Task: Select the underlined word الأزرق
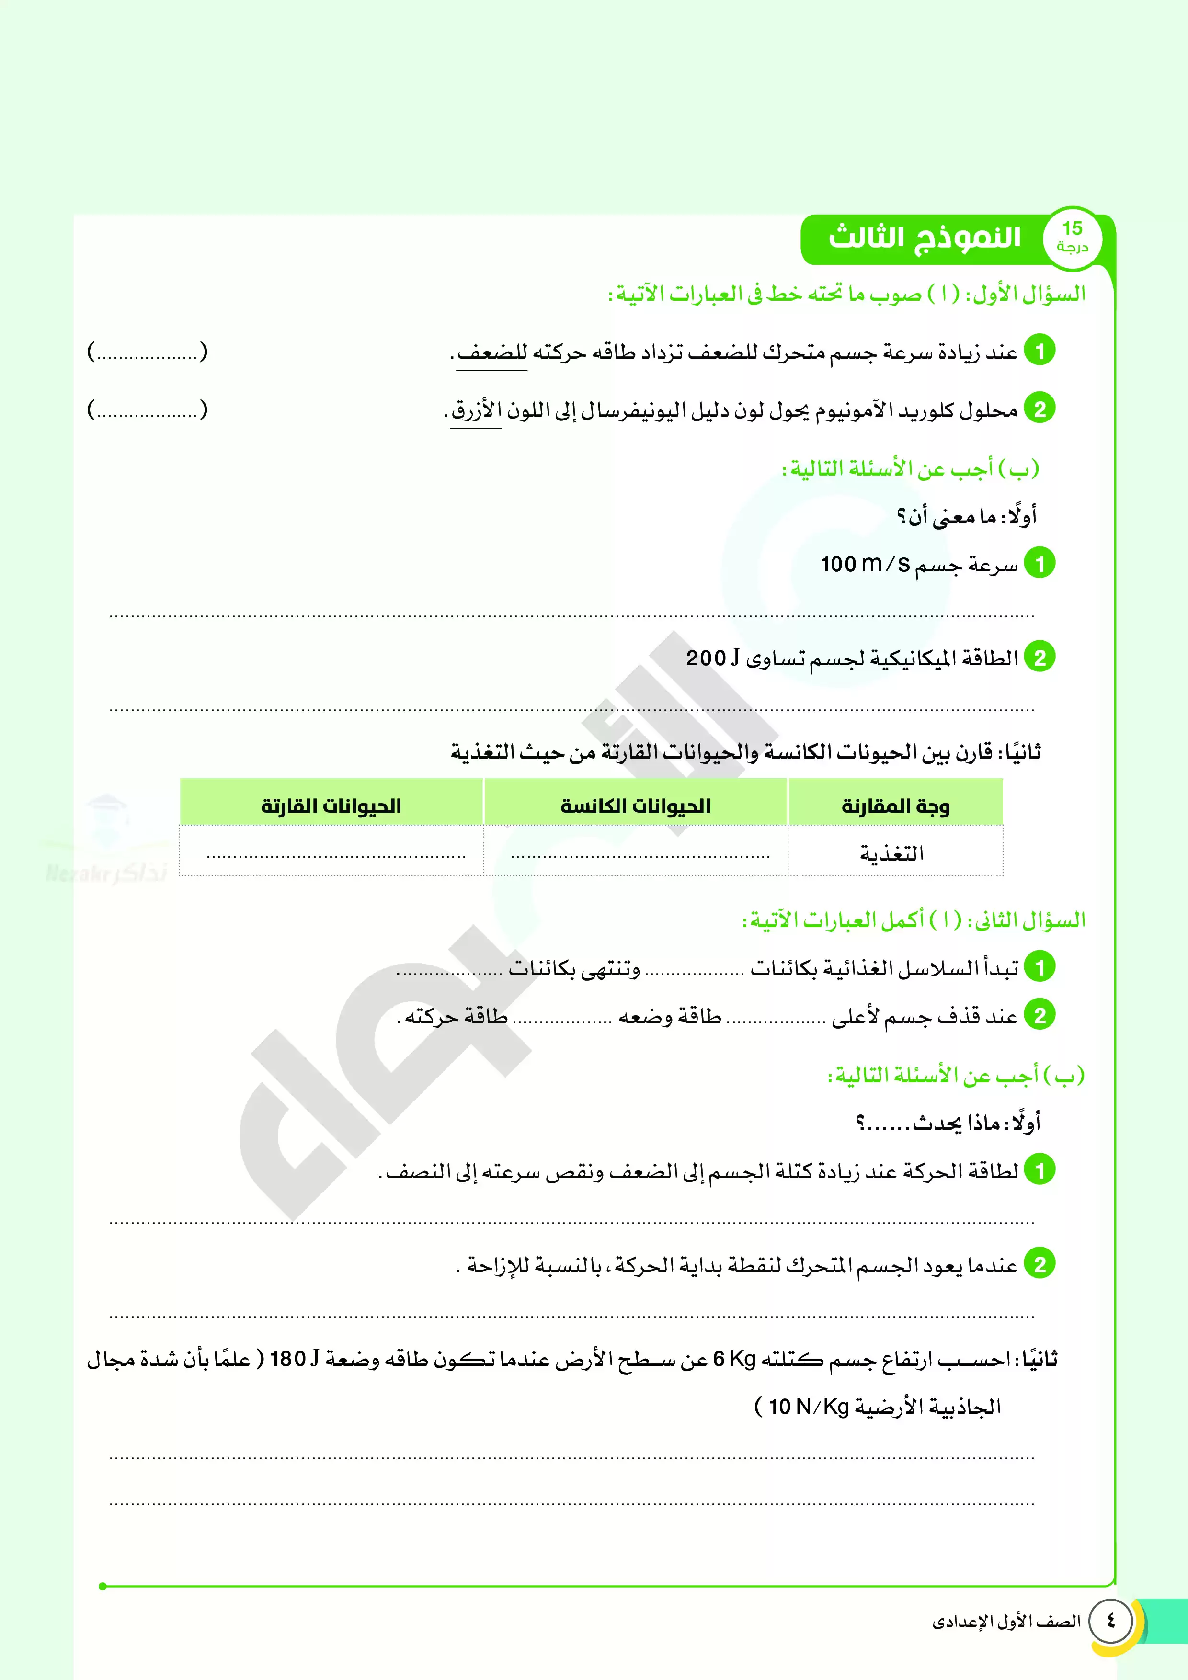[476, 410]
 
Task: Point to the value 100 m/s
[865, 564]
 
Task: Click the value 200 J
[713, 658]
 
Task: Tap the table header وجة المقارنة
[895, 806]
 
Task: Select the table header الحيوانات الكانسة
[635, 806]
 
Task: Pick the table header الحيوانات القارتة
[331, 806]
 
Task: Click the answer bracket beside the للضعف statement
[147, 352]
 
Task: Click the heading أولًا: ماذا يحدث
[948, 1123]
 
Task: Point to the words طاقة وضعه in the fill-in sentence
[670, 1016]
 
